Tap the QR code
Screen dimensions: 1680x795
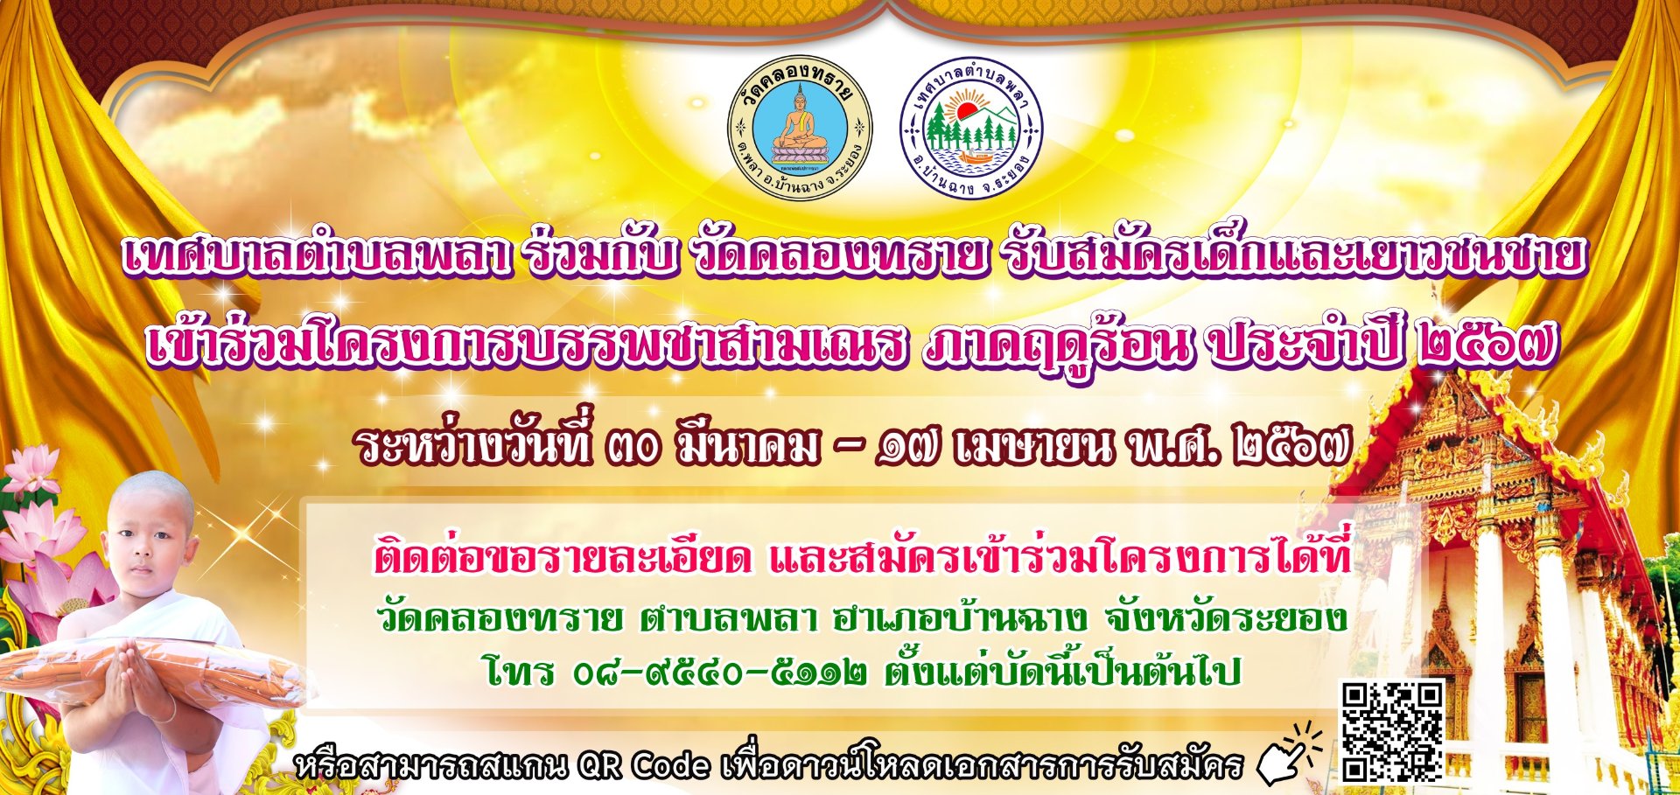coord(1392,731)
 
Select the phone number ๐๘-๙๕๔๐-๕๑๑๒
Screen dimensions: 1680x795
coord(720,673)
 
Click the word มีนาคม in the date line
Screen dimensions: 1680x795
coord(748,447)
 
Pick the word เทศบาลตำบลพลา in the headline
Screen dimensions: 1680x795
coord(317,255)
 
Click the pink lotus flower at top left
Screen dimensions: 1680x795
coord(31,468)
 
